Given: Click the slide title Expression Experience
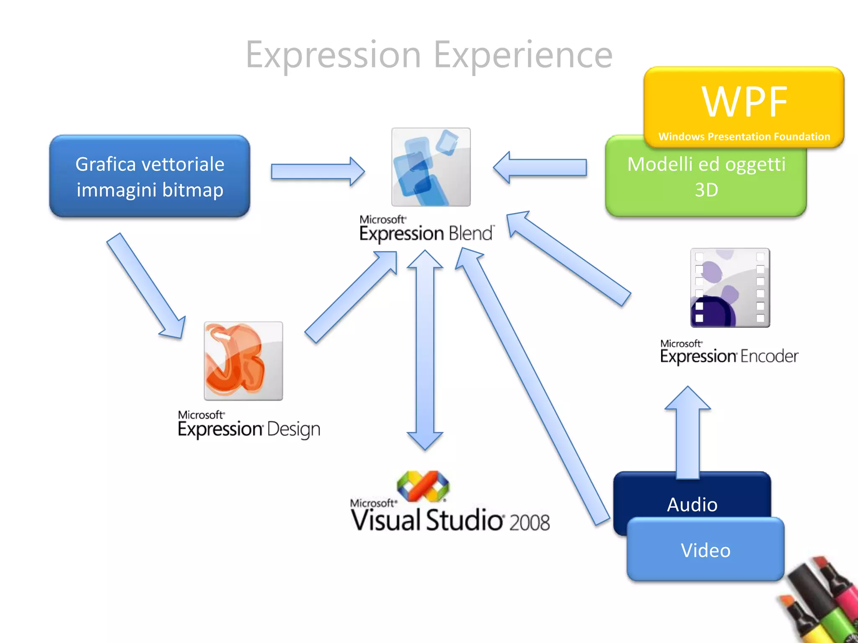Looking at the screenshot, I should point(429,54).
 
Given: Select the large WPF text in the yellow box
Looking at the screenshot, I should point(744,102).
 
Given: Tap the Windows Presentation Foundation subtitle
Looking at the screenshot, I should point(744,136).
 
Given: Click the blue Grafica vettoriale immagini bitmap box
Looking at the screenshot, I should point(150,176).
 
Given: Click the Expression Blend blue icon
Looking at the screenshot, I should point(431,167).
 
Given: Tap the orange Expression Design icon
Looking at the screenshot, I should point(243,361).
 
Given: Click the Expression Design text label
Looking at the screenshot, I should point(249,425).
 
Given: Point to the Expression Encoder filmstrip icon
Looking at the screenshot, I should point(730,288).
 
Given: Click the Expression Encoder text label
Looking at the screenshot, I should point(729,352).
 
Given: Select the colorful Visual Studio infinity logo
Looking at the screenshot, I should point(423,486).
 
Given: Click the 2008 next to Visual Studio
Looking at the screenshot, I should point(529,522).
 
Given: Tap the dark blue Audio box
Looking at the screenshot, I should point(692,498).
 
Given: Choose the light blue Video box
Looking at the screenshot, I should point(706,550).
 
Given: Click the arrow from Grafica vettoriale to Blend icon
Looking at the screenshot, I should point(317,171).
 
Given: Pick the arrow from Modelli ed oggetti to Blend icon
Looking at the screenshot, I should point(540,167).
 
